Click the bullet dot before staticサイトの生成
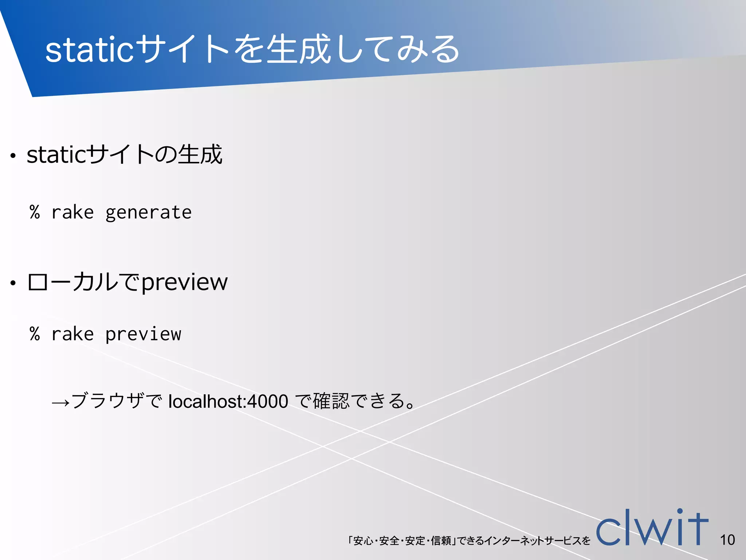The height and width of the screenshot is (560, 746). (x=13, y=156)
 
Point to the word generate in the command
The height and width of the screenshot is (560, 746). (x=148, y=213)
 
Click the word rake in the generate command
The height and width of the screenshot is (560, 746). (x=72, y=213)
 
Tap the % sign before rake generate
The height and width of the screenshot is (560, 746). (x=35, y=212)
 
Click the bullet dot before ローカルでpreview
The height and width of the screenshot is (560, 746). (x=13, y=283)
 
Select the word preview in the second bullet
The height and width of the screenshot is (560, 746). (x=184, y=282)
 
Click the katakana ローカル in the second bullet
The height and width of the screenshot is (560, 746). (x=73, y=282)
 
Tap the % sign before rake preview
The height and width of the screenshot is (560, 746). (x=35, y=334)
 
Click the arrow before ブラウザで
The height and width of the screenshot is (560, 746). (x=60, y=402)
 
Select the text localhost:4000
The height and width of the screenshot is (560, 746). (x=228, y=401)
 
